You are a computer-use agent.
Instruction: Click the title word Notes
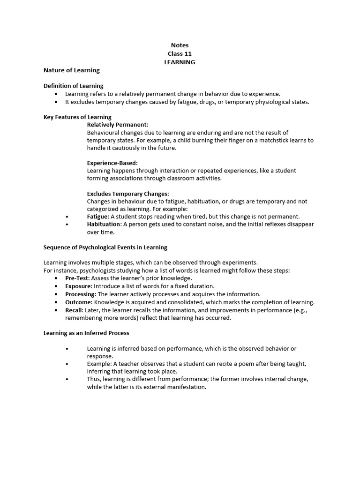tap(180, 45)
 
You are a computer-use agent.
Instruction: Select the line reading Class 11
tap(180, 54)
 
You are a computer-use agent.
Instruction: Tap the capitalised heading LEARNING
tap(180, 62)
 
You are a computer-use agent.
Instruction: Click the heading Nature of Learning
tap(72, 70)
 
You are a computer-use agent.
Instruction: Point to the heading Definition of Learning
tap(74, 86)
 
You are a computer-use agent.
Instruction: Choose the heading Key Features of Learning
tap(77, 117)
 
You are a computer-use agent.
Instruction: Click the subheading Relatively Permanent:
tap(118, 125)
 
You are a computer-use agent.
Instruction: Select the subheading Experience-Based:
tap(112, 163)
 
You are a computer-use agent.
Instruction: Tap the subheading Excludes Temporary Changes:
tap(128, 194)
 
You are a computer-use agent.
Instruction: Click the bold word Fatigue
tap(97, 217)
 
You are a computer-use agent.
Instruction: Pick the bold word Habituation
tap(104, 224)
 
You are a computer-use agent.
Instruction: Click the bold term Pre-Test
tap(77, 278)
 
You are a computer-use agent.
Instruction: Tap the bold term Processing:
tap(81, 294)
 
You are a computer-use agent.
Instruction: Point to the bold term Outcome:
tap(79, 302)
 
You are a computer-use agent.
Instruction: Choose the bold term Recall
tap(74, 310)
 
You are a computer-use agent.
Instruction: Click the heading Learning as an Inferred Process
tap(86, 333)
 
